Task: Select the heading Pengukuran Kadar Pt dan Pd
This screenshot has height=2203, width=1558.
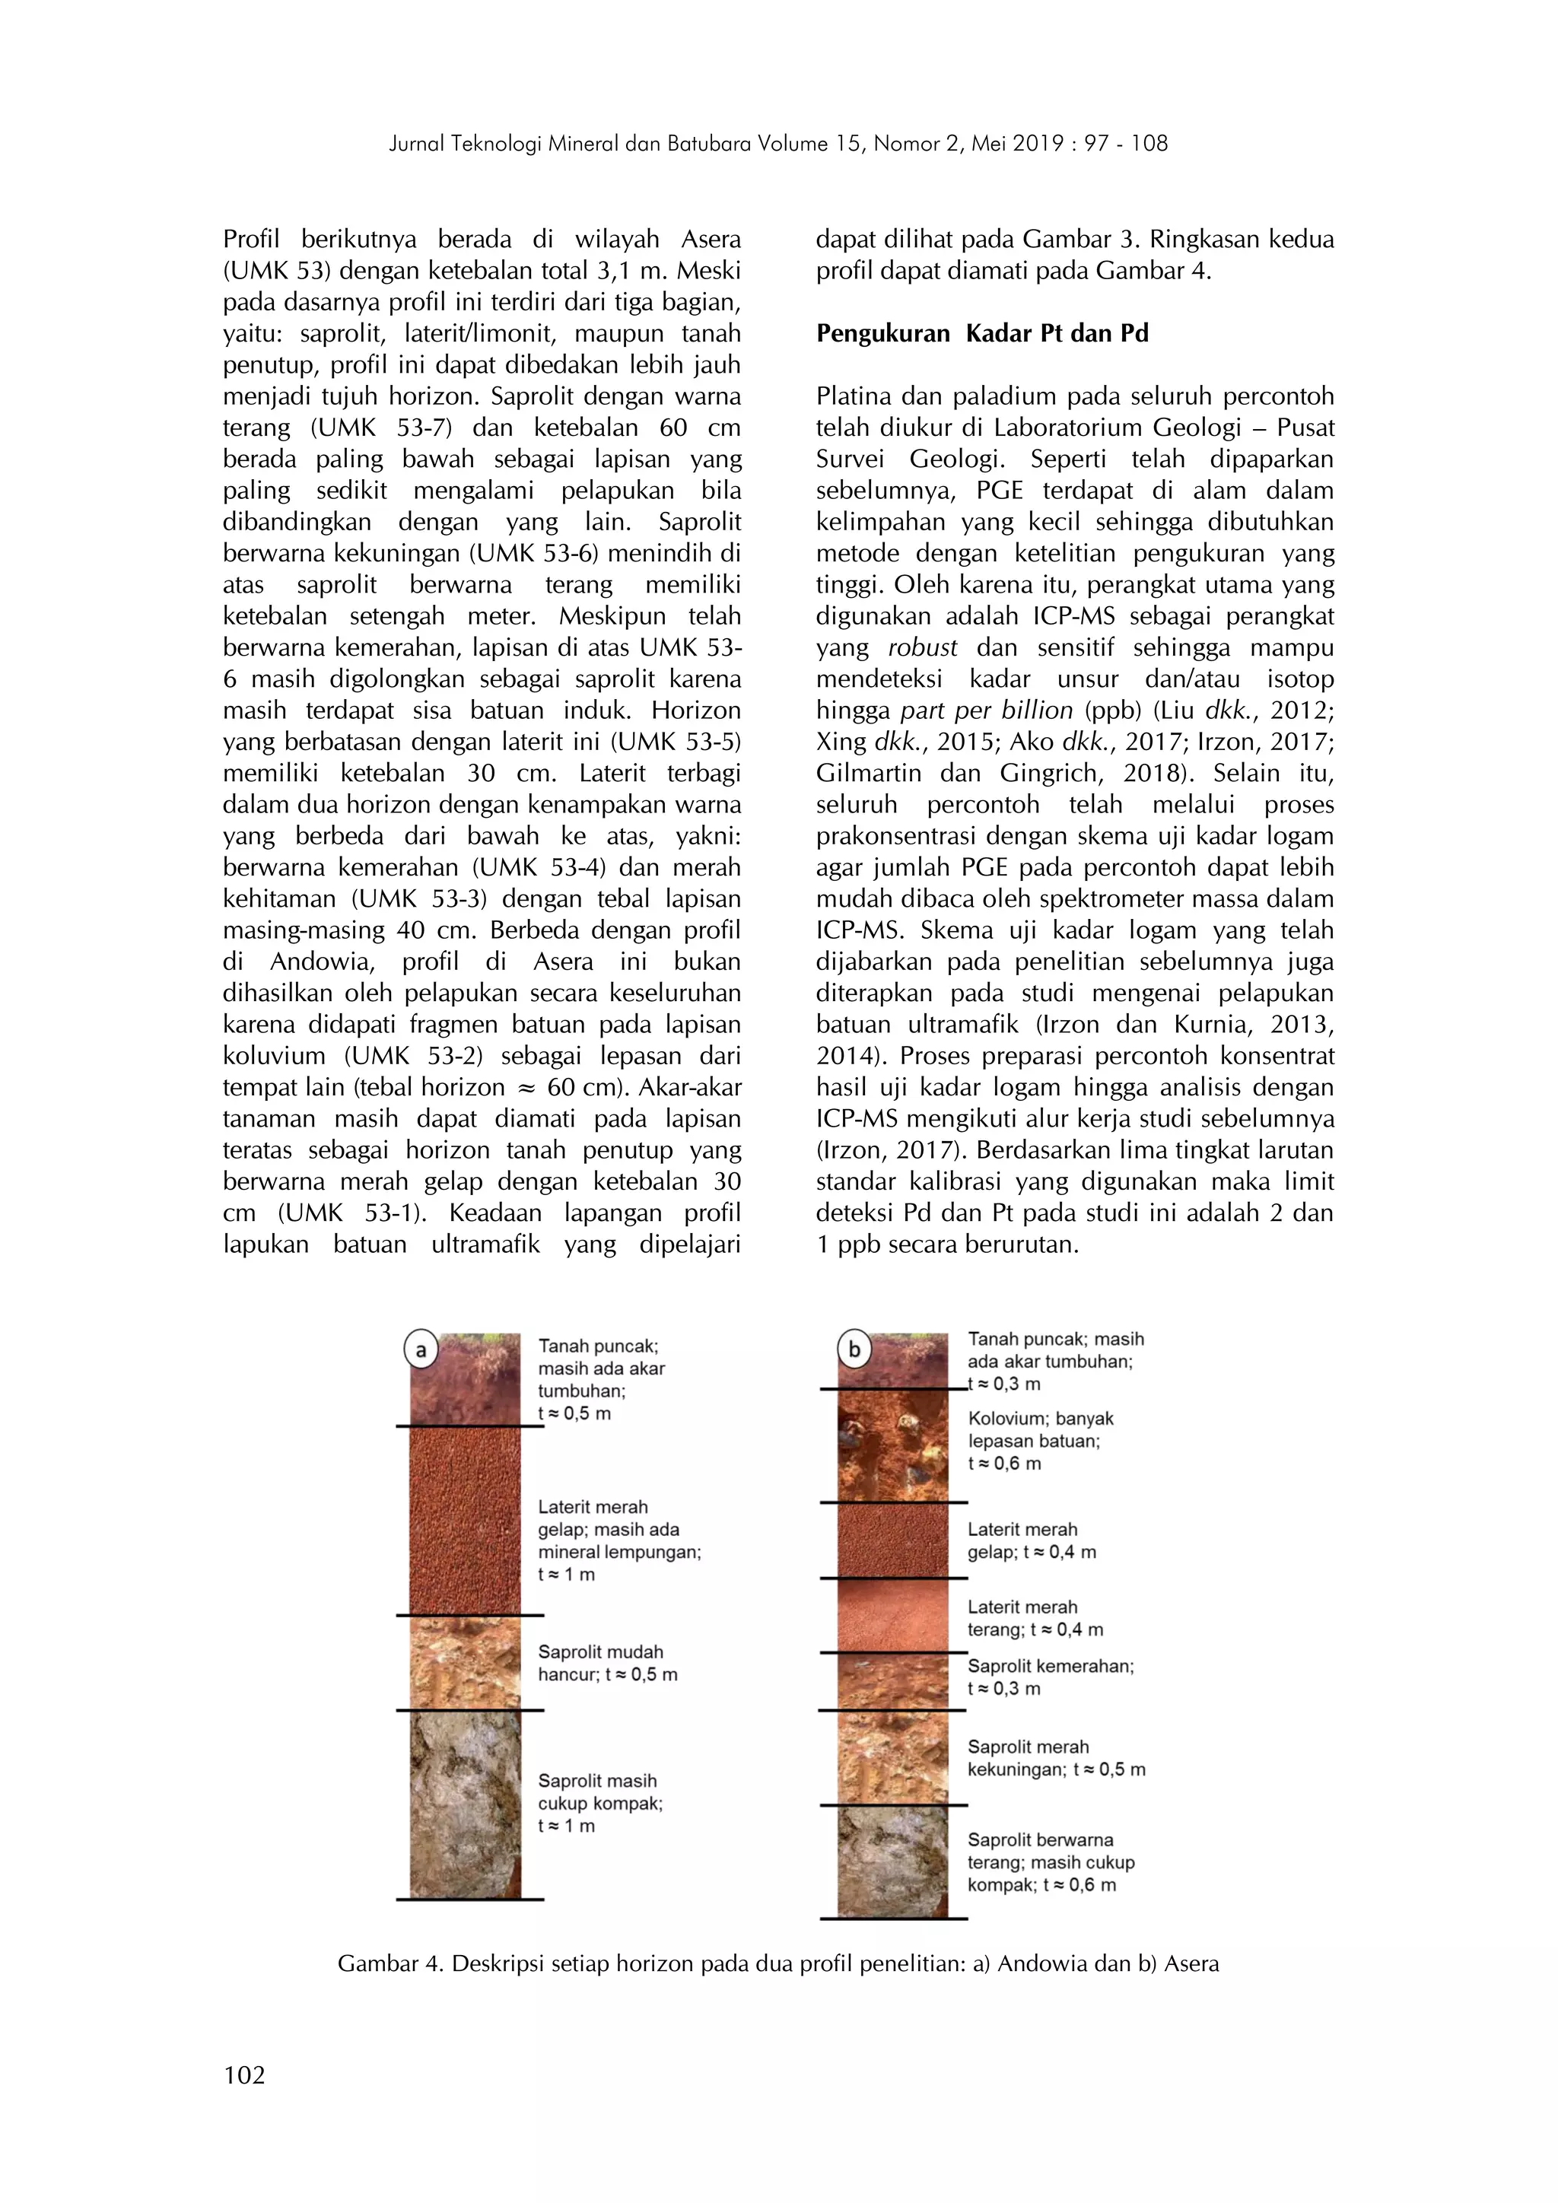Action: tap(981, 334)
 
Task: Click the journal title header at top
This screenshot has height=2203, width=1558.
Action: tap(778, 144)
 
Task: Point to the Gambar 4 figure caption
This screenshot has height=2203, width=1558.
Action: tap(778, 1964)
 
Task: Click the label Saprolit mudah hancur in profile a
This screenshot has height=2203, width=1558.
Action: tap(607, 1663)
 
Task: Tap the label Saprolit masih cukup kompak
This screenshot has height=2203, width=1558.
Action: tap(599, 1803)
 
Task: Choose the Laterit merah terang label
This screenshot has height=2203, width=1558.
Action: tap(1034, 1619)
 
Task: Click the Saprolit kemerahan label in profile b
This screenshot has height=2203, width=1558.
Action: tap(1050, 1677)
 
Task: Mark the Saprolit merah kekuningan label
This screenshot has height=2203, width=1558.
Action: tap(1055, 1758)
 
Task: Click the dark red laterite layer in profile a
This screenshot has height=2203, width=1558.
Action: tap(466, 1520)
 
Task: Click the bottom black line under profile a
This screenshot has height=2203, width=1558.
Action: tap(469, 1899)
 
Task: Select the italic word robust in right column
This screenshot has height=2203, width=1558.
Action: tap(922, 647)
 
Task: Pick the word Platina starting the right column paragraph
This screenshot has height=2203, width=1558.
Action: tap(856, 396)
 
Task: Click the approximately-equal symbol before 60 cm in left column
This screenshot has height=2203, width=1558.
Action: tap(524, 1087)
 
